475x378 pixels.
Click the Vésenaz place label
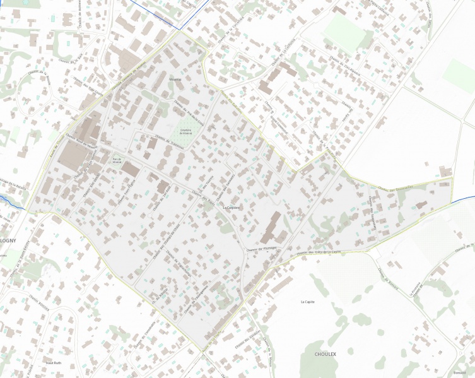pos(175,80)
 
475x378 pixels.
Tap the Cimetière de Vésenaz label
pos(185,132)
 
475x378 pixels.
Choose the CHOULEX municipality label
pos(325,354)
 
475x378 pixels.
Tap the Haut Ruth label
pos(53,363)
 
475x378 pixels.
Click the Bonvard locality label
pos(459,374)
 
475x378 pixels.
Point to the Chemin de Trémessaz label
pos(169,143)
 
